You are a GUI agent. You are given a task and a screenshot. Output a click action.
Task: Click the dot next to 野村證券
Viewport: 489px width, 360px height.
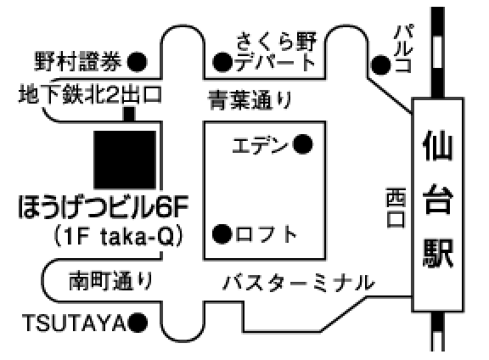tap(137, 62)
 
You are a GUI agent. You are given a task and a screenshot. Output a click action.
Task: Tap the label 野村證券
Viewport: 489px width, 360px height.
tap(77, 61)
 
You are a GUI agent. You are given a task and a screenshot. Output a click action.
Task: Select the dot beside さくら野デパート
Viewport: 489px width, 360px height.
tap(222, 62)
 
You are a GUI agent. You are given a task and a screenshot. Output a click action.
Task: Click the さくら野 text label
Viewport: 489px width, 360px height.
tap(276, 42)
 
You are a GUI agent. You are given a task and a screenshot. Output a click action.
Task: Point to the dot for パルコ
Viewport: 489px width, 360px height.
tap(380, 65)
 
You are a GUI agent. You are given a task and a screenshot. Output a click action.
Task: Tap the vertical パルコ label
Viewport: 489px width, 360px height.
tap(404, 49)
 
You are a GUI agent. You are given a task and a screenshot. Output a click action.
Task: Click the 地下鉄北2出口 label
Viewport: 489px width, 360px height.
tap(90, 94)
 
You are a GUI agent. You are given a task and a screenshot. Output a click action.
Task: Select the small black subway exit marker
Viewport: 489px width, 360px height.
tap(129, 114)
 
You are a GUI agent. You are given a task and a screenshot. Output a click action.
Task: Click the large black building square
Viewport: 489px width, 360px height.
tap(125, 160)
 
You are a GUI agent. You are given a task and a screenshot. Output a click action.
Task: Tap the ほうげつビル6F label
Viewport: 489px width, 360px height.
tap(104, 206)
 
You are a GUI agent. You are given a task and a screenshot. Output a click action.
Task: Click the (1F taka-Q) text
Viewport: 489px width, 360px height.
tap(118, 237)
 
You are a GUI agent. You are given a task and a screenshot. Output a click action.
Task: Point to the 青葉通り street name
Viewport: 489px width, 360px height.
tap(250, 100)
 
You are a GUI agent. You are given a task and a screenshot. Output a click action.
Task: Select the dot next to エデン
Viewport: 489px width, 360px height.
tap(303, 144)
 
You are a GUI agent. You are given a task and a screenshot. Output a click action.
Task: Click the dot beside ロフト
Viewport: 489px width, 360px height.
tap(222, 234)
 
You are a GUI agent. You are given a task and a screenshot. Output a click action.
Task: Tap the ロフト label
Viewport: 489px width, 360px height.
tap(266, 234)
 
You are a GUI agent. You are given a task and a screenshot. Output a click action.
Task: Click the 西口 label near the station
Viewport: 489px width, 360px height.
tap(396, 207)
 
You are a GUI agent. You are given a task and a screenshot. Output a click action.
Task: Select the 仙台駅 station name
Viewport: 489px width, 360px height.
tap(437, 200)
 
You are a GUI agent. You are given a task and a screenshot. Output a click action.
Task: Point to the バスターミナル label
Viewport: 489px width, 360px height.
tap(299, 283)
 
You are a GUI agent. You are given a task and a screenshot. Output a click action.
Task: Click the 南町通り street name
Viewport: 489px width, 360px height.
tap(110, 280)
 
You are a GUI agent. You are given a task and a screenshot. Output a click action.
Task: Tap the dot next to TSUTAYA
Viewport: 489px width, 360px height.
tap(138, 323)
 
